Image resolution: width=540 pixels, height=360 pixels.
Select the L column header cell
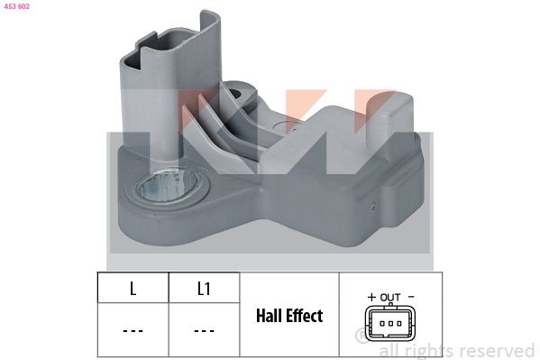pyautogui.click(x=133, y=290)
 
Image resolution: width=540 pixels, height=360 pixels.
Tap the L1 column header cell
pyautogui.click(x=203, y=290)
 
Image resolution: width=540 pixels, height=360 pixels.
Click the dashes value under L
pyautogui.click(x=133, y=331)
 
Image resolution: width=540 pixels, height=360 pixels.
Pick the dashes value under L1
pyautogui.click(x=203, y=331)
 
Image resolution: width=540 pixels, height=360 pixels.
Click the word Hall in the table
pyautogui.click(x=272, y=317)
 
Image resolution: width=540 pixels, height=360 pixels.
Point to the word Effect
pyautogui.click(x=307, y=317)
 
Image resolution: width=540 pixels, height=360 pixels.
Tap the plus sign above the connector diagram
pyautogui.click(x=371, y=296)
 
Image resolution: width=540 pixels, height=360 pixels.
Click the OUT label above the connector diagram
pyautogui.click(x=389, y=296)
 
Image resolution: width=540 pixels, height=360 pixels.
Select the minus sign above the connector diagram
pyautogui.click(x=410, y=296)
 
